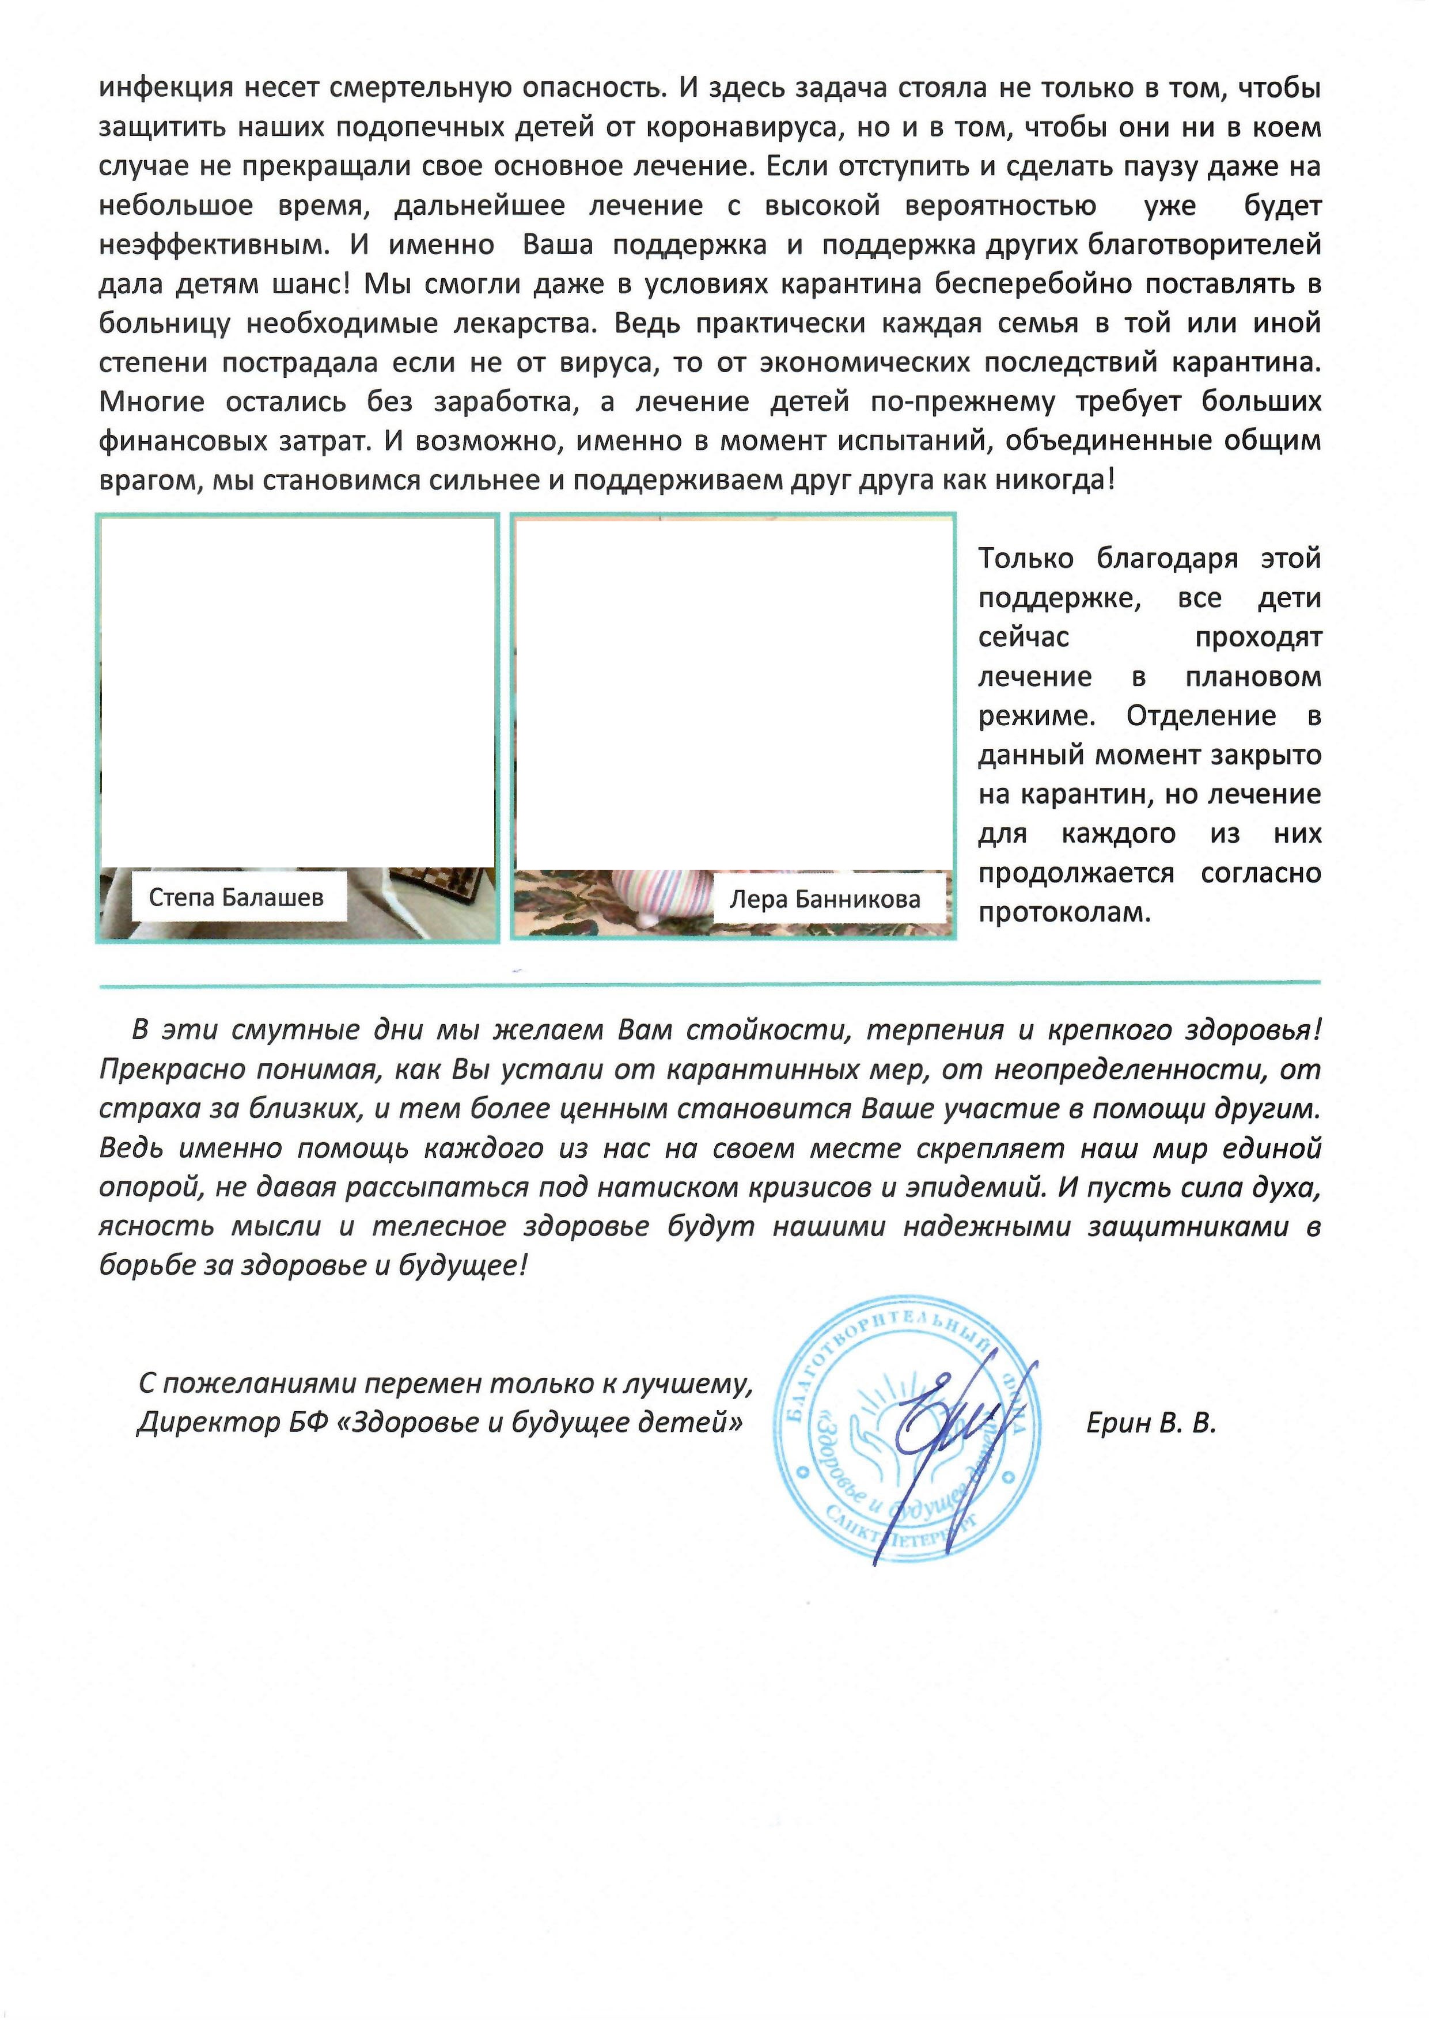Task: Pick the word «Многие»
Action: [151, 402]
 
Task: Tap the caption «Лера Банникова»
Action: [824, 899]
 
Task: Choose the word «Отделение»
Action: [1200, 716]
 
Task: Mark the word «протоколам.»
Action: [1065, 912]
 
